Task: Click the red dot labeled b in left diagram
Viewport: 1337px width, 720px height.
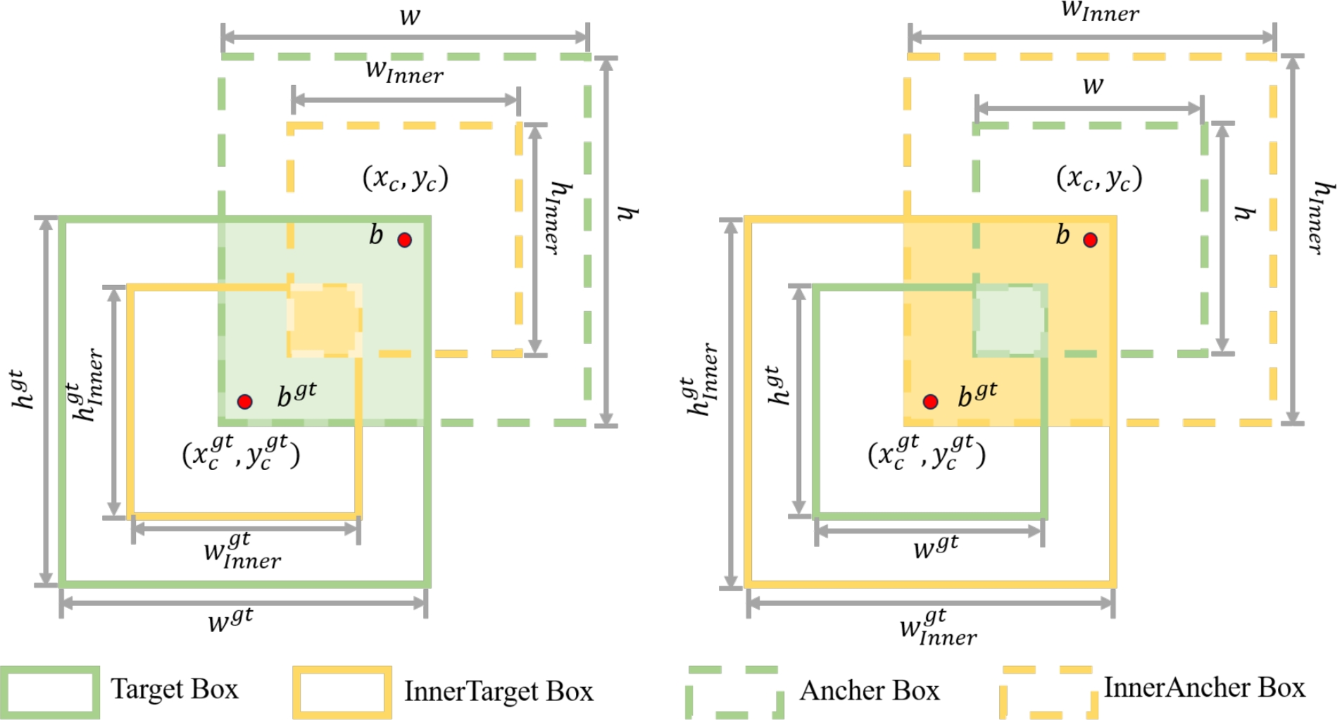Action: tap(404, 240)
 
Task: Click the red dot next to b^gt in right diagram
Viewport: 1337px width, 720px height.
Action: tap(930, 402)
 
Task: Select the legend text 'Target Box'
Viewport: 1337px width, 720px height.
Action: tap(175, 689)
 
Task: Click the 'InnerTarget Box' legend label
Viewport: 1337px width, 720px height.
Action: tap(498, 691)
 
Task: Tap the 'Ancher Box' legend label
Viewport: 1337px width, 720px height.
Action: tap(870, 690)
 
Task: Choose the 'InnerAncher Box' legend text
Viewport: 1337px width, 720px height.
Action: tap(1204, 688)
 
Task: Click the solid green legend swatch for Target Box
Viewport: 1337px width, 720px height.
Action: tap(49, 693)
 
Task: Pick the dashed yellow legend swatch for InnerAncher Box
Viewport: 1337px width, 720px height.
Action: tap(1048, 693)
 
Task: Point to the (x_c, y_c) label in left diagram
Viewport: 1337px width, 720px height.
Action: tap(406, 178)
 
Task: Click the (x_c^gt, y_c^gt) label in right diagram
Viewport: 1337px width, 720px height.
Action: tap(927, 453)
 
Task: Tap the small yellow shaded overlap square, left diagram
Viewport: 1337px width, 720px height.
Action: tap(324, 320)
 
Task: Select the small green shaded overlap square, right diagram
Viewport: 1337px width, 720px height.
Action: tap(1010, 320)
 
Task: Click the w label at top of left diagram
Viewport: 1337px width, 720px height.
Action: tap(410, 16)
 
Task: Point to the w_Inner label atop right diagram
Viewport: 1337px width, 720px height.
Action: tap(1100, 11)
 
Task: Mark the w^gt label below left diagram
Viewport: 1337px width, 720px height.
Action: tap(230, 620)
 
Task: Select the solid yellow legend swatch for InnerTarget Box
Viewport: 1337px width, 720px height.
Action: tap(342, 693)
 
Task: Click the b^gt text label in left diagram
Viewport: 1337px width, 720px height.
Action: tap(296, 395)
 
